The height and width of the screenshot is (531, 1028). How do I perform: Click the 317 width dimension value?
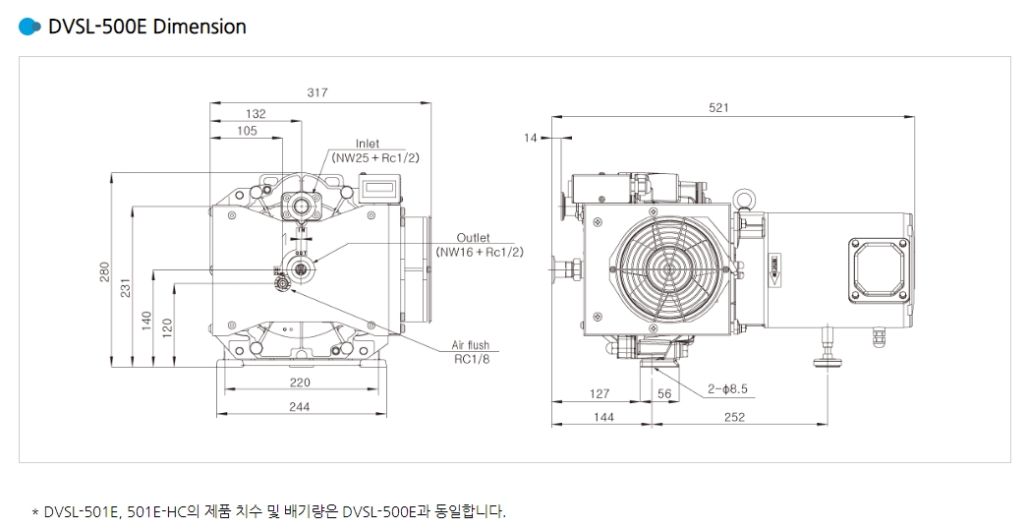click(316, 92)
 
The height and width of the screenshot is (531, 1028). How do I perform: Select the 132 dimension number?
click(256, 114)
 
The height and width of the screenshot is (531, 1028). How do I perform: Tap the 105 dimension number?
click(247, 131)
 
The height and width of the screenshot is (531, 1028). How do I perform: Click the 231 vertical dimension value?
click(125, 286)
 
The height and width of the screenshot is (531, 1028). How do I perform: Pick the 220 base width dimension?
click(299, 382)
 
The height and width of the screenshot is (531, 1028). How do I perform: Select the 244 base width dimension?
click(299, 406)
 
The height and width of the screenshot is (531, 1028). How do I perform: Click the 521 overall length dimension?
click(718, 108)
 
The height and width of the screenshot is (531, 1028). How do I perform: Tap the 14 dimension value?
click(531, 139)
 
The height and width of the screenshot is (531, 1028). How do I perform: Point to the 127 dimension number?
click(599, 393)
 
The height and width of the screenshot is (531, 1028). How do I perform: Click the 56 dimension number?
click(663, 393)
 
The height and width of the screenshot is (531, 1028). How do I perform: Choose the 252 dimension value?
click(733, 417)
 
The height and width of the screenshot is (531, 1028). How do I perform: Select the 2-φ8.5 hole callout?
click(727, 389)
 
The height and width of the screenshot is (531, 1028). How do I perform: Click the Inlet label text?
click(367, 144)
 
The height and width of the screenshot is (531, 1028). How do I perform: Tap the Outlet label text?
click(473, 238)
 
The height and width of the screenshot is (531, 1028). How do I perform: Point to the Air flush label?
click(470, 345)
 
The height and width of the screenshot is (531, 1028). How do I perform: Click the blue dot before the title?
click(29, 27)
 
